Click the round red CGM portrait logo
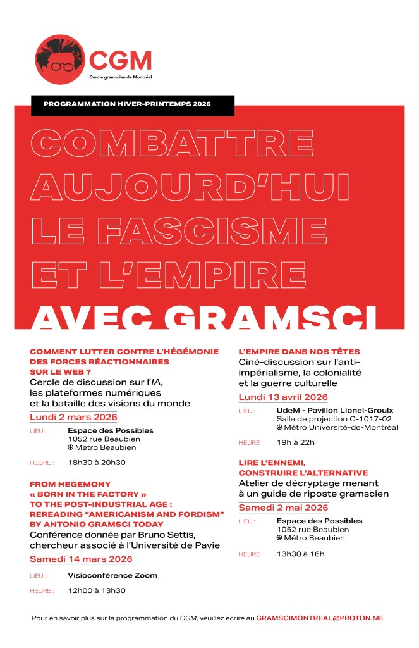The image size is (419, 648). (x=59, y=59)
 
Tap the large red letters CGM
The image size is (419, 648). (x=121, y=59)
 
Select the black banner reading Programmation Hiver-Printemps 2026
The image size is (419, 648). (x=132, y=104)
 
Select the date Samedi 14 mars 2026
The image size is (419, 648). (x=81, y=559)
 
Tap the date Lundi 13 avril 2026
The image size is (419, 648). (x=283, y=397)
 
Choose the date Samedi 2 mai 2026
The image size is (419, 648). (x=283, y=508)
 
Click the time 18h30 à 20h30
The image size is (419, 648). (x=97, y=463)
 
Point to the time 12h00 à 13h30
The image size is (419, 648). (x=97, y=590)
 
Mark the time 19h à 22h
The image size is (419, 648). (x=296, y=442)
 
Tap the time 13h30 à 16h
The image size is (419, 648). (x=300, y=554)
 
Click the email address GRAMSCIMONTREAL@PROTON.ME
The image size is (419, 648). (x=320, y=617)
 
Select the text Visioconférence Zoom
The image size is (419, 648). (x=112, y=575)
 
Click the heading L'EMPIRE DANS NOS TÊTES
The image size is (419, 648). (x=299, y=351)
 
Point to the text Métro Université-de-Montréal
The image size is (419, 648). (x=341, y=427)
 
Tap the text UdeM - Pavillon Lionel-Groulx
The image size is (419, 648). (x=335, y=410)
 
